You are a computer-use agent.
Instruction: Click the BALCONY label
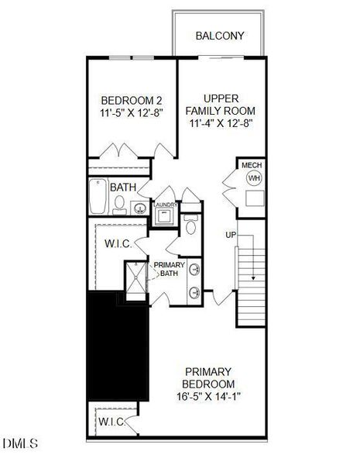(x=220, y=36)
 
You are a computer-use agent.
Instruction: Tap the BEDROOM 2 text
(x=132, y=100)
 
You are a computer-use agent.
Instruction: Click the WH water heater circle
(x=253, y=178)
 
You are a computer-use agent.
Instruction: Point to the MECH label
(x=252, y=165)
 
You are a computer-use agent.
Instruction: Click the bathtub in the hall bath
(x=97, y=198)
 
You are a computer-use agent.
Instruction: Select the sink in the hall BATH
(x=140, y=207)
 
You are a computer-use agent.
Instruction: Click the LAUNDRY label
(x=166, y=205)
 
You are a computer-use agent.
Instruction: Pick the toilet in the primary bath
(x=191, y=227)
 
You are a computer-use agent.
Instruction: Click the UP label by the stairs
(x=230, y=235)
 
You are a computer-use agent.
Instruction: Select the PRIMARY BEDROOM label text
(x=208, y=377)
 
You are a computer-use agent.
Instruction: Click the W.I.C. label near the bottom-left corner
(x=111, y=422)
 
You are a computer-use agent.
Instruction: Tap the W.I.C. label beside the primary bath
(x=118, y=243)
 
